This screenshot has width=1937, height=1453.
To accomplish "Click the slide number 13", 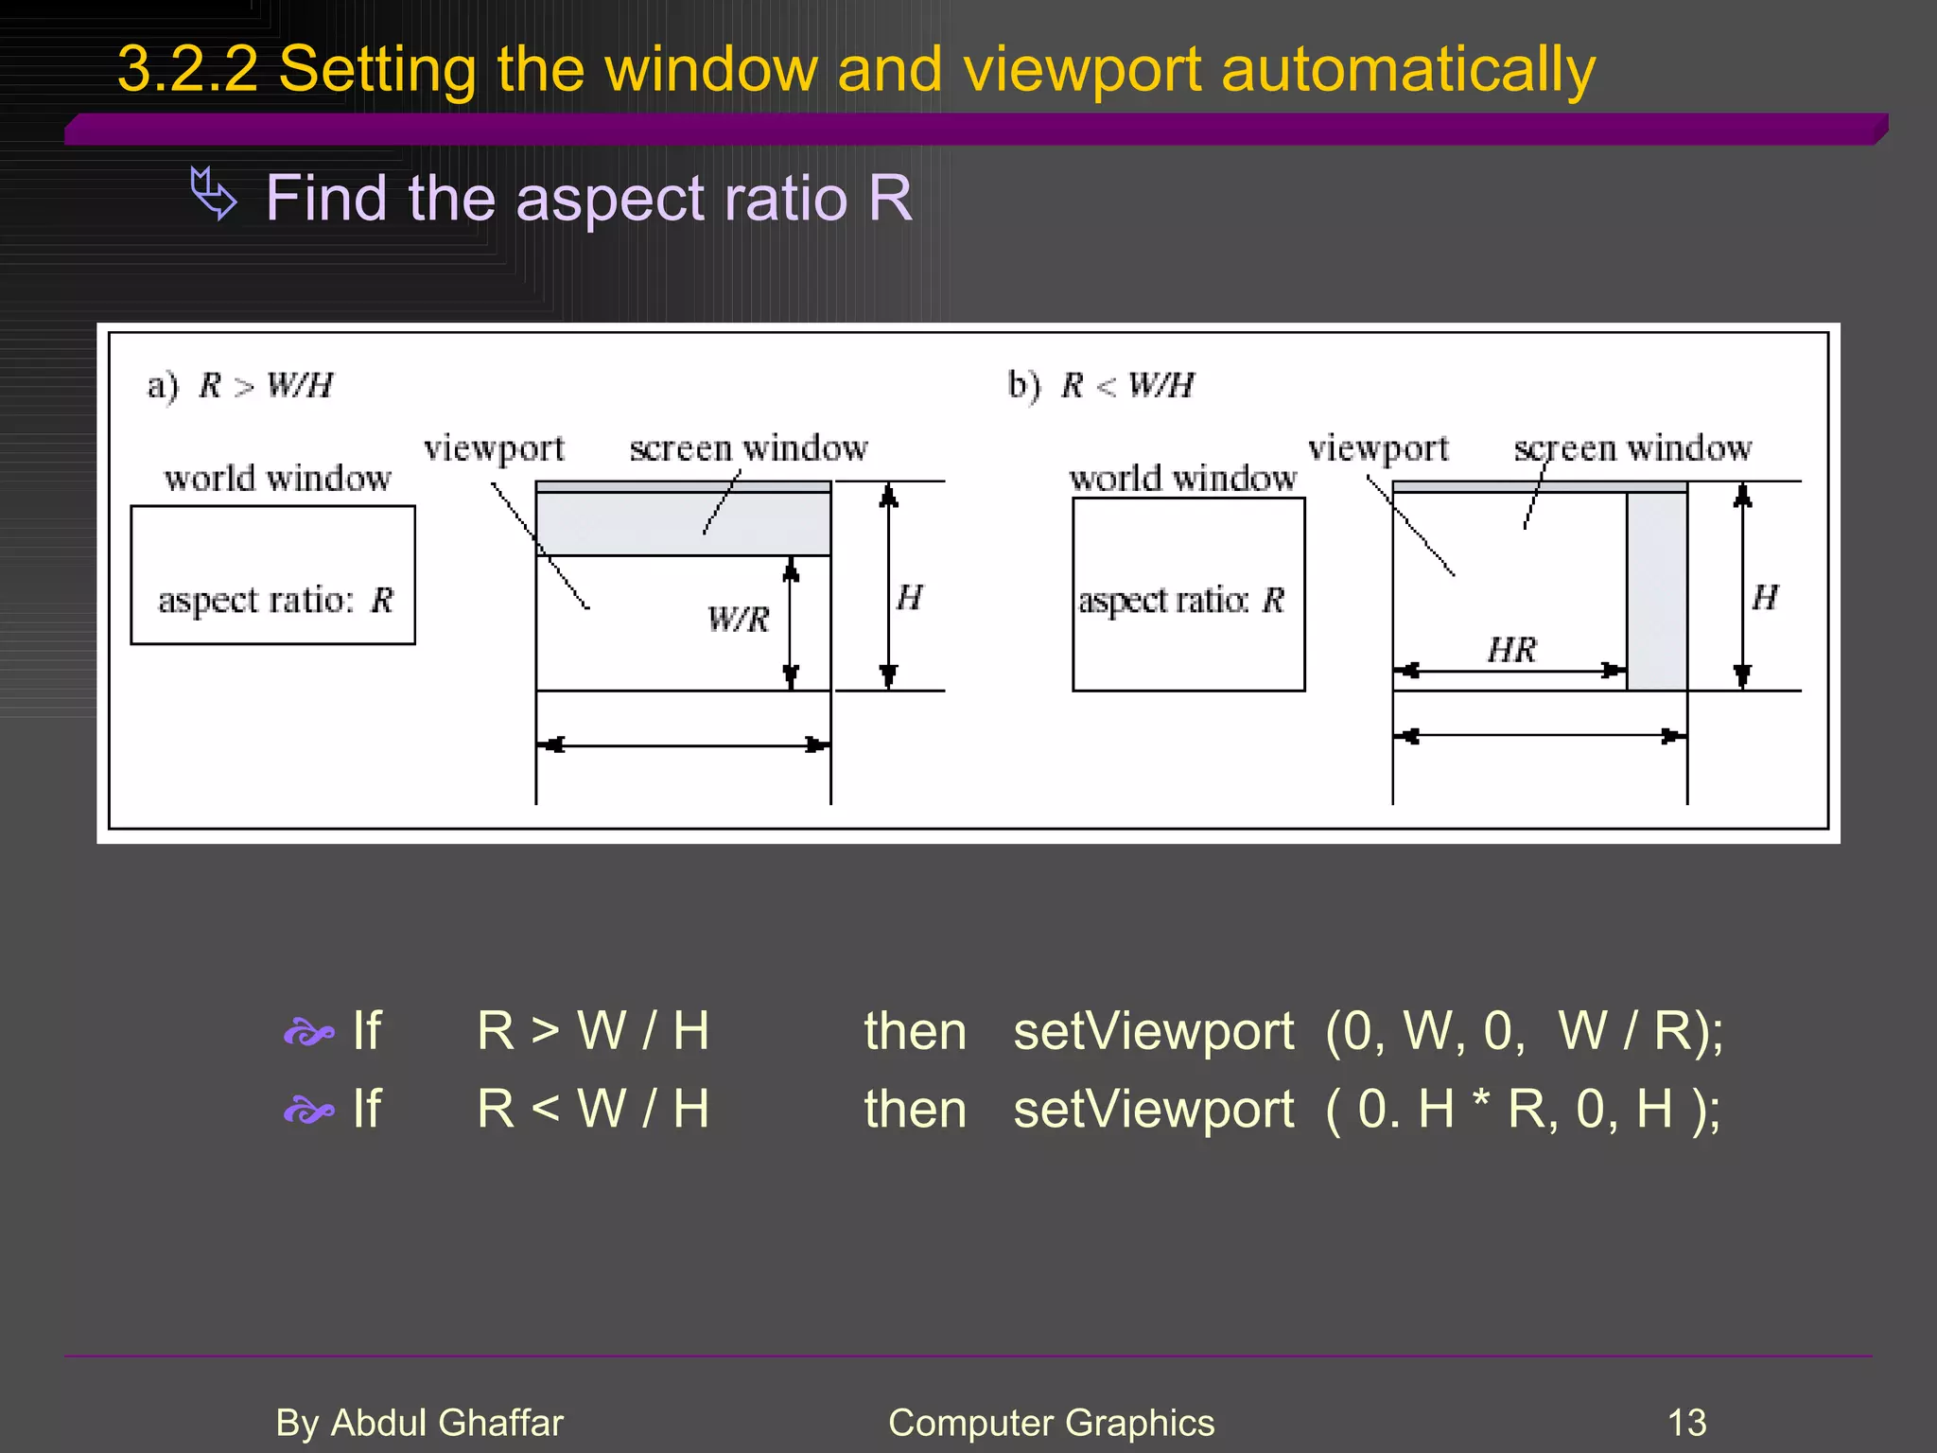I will pos(1686,1423).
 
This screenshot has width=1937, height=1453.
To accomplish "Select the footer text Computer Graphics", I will pos(1051,1423).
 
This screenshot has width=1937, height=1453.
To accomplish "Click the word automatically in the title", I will pos(1407,70).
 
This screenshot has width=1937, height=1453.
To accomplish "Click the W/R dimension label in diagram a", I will pos(739,620).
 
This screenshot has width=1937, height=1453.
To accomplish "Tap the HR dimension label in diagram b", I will pos(1511,650).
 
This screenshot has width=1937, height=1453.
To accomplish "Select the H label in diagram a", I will pos(909,598).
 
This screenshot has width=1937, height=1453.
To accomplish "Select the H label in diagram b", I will pos(1765,598).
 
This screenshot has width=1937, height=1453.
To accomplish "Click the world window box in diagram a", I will pos(272,574).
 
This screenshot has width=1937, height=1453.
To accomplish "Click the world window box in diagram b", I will pos(1188,594).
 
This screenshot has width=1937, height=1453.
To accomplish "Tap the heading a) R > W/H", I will pos(240,386).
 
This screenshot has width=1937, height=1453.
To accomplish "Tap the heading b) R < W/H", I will pos(1101,386).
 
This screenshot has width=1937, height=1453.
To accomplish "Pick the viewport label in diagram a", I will pos(494,448).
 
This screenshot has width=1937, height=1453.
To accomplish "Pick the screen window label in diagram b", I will pos(1632,448).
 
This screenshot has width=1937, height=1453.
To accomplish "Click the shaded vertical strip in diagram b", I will pos(1657,591).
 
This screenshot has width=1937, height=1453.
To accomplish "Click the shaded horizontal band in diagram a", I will pos(683,520).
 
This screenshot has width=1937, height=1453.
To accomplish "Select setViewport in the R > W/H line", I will pos(1153,1031).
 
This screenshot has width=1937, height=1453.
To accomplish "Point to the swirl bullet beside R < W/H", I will pos(308,1111).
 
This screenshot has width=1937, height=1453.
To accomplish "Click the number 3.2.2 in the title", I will pos(187,70).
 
